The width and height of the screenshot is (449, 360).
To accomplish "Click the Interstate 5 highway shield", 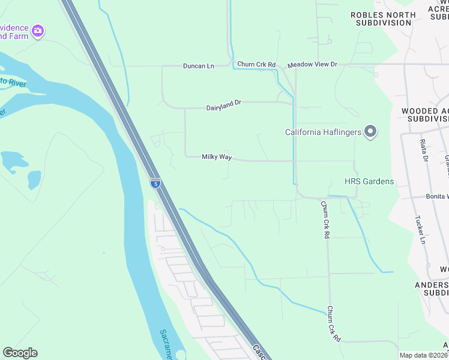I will [155, 183].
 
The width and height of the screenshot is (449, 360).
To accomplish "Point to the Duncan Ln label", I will [198, 66].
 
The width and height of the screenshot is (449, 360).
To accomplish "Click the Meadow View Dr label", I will [312, 64].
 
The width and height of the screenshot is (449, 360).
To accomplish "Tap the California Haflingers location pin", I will [370, 131].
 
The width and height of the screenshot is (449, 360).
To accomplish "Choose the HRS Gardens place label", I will [369, 182].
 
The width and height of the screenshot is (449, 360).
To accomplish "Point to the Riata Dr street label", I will [424, 150].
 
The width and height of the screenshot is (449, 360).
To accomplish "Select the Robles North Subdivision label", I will [383, 19].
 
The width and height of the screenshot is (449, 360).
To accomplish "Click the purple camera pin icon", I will [38, 30].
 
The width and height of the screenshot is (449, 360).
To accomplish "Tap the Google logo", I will [20, 353].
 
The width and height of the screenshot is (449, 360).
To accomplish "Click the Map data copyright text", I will [424, 355].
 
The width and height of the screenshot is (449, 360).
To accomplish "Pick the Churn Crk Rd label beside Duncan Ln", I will [256, 64].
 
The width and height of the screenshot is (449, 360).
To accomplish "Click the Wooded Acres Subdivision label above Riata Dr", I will [424, 115].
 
